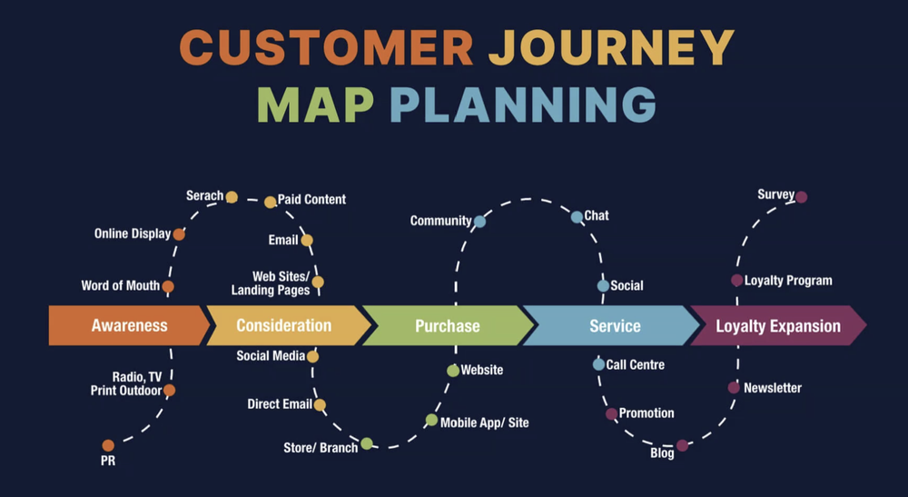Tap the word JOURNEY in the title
pyautogui.click(x=610, y=47)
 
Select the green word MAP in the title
pyautogui.click(x=315, y=104)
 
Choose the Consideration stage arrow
pyautogui.click(x=284, y=325)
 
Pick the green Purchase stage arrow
pyautogui.click(x=447, y=325)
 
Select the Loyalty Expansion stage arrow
pyautogui.click(x=777, y=325)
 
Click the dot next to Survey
pyautogui.click(x=801, y=196)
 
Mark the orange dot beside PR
pyautogui.click(x=108, y=445)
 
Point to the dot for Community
pyautogui.click(x=479, y=221)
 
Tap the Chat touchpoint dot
pyautogui.click(x=577, y=217)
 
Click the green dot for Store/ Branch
pyautogui.click(x=366, y=443)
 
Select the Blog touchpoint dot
pyautogui.click(x=682, y=445)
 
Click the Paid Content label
pyautogui.click(x=311, y=200)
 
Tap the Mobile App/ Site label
pyautogui.click(x=485, y=422)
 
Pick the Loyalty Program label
pyautogui.click(x=788, y=281)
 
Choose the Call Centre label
pyautogui.click(x=636, y=364)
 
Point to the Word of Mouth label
pyautogui.click(x=120, y=285)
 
